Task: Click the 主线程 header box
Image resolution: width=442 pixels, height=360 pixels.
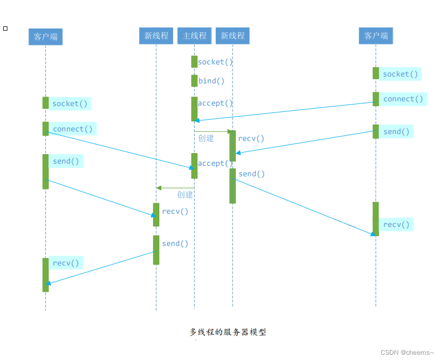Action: [194, 35]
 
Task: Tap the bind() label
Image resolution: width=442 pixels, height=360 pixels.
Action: [212, 81]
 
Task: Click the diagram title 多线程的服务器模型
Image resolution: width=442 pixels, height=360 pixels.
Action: [228, 332]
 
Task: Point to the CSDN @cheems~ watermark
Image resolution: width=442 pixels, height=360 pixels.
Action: [407, 352]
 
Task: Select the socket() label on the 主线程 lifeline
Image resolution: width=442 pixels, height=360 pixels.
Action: [215, 62]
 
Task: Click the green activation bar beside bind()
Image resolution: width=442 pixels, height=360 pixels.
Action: [194, 81]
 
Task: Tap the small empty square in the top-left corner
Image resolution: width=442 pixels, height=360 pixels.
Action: [5, 28]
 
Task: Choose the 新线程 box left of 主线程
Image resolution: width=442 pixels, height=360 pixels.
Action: [156, 35]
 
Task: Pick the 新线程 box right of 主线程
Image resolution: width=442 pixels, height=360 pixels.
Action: [233, 35]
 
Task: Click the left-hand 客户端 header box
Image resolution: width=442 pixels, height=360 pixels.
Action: [45, 36]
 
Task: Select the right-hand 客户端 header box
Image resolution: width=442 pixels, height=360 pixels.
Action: [376, 35]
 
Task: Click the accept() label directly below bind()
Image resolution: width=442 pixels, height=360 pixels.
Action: [215, 103]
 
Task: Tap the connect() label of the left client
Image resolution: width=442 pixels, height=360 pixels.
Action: [72, 129]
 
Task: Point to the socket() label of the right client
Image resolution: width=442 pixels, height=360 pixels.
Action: [400, 74]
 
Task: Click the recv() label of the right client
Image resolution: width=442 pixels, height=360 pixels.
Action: [396, 225]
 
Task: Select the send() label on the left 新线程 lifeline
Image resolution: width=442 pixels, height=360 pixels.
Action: [175, 243]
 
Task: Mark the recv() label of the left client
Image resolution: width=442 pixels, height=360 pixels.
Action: [66, 263]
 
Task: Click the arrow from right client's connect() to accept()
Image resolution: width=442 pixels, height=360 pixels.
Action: [285, 111]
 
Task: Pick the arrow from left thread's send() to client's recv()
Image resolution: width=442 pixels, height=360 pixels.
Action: [100, 268]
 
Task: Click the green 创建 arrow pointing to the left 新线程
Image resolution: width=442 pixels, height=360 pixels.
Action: [176, 188]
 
